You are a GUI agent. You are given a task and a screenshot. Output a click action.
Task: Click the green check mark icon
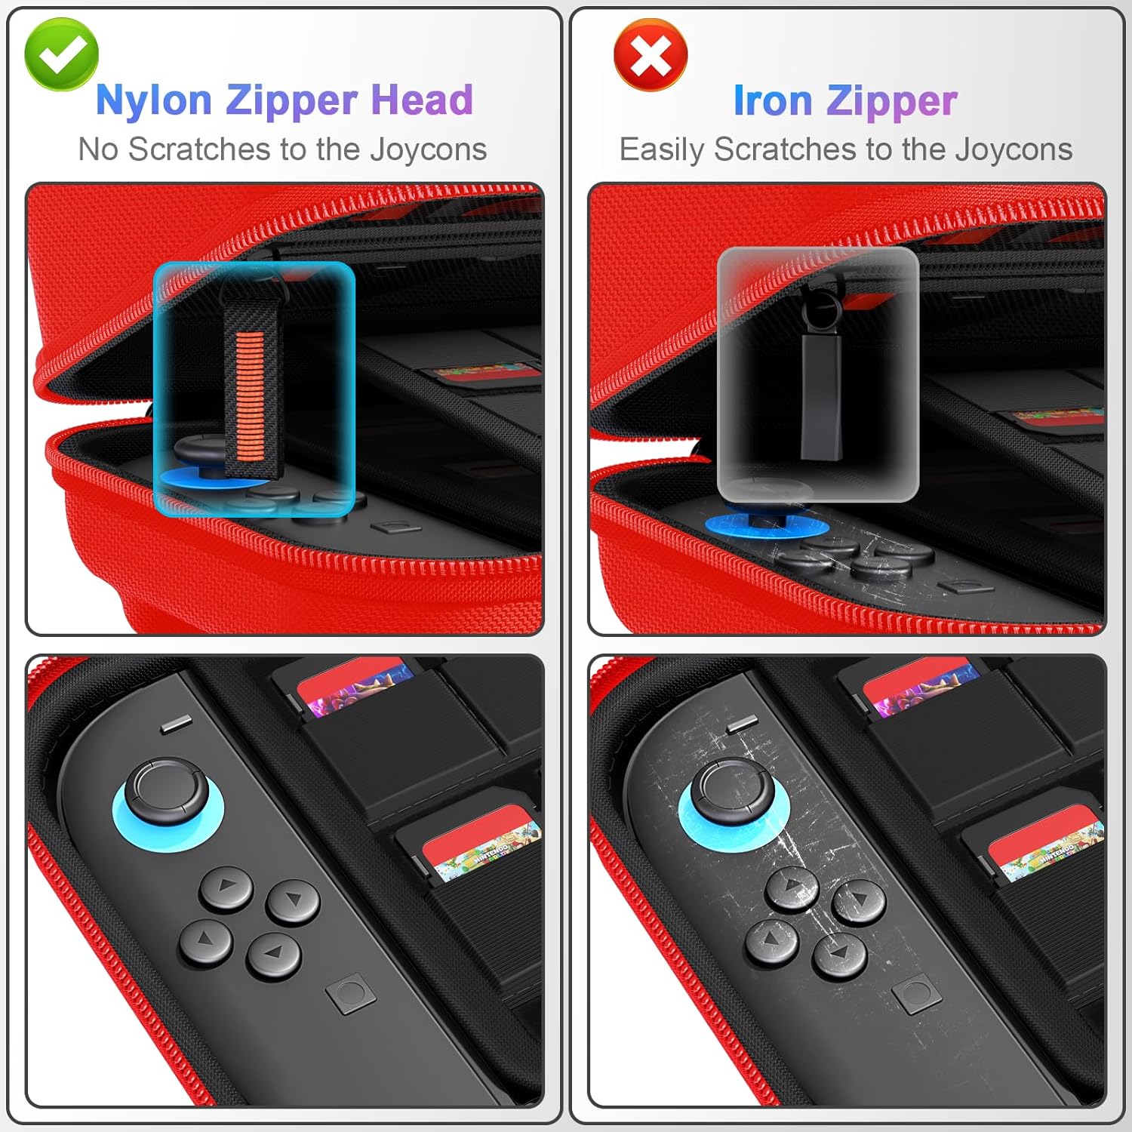(61, 54)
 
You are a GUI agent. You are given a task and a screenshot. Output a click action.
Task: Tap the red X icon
(651, 55)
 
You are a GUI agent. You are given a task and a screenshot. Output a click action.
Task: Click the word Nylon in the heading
(154, 100)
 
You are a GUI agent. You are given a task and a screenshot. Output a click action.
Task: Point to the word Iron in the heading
(773, 100)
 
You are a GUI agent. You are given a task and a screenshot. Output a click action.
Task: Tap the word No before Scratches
(98, 149)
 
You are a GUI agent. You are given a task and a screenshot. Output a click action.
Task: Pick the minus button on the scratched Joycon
(742, 725)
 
